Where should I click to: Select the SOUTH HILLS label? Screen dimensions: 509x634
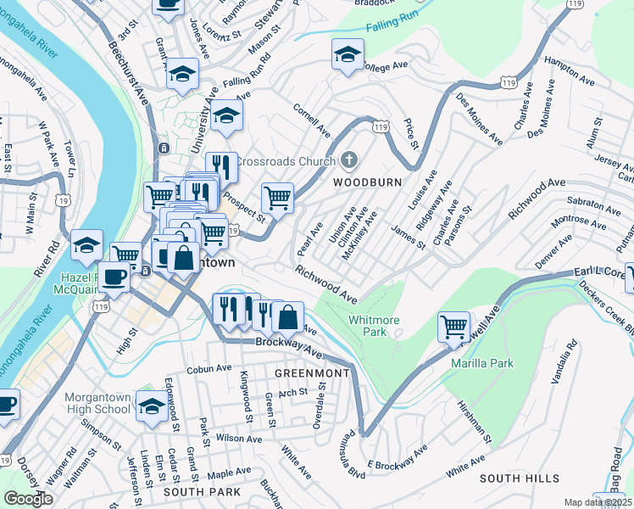514,478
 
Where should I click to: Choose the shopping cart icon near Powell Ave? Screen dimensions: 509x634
454,326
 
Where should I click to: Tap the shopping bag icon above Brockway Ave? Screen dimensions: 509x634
287,317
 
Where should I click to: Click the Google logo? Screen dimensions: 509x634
28,499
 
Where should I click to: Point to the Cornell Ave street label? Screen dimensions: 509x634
311,121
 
